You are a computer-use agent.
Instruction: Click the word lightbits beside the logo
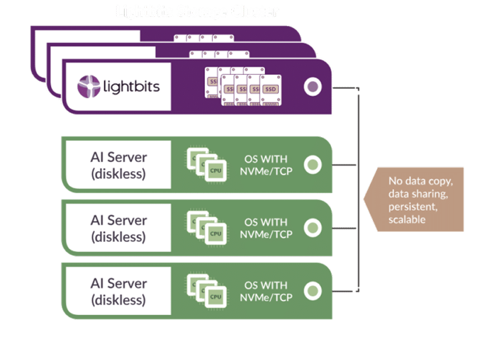pos(131,87)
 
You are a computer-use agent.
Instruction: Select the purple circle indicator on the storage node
pos(312,87)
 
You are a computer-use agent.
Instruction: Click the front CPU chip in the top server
pos(215,170)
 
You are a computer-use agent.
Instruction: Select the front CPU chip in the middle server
pos(215,233)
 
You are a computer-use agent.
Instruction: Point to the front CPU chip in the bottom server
pos(215,296)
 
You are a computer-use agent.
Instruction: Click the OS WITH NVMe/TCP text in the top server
pos(266,164)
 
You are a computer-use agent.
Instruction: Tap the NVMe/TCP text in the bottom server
pos(266,297)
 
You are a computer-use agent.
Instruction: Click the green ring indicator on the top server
pos(312,165)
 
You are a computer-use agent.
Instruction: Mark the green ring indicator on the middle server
pos(312,228)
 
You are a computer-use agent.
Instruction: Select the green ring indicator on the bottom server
pos(312,291)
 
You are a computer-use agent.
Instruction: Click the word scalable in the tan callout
pos(407,219)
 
